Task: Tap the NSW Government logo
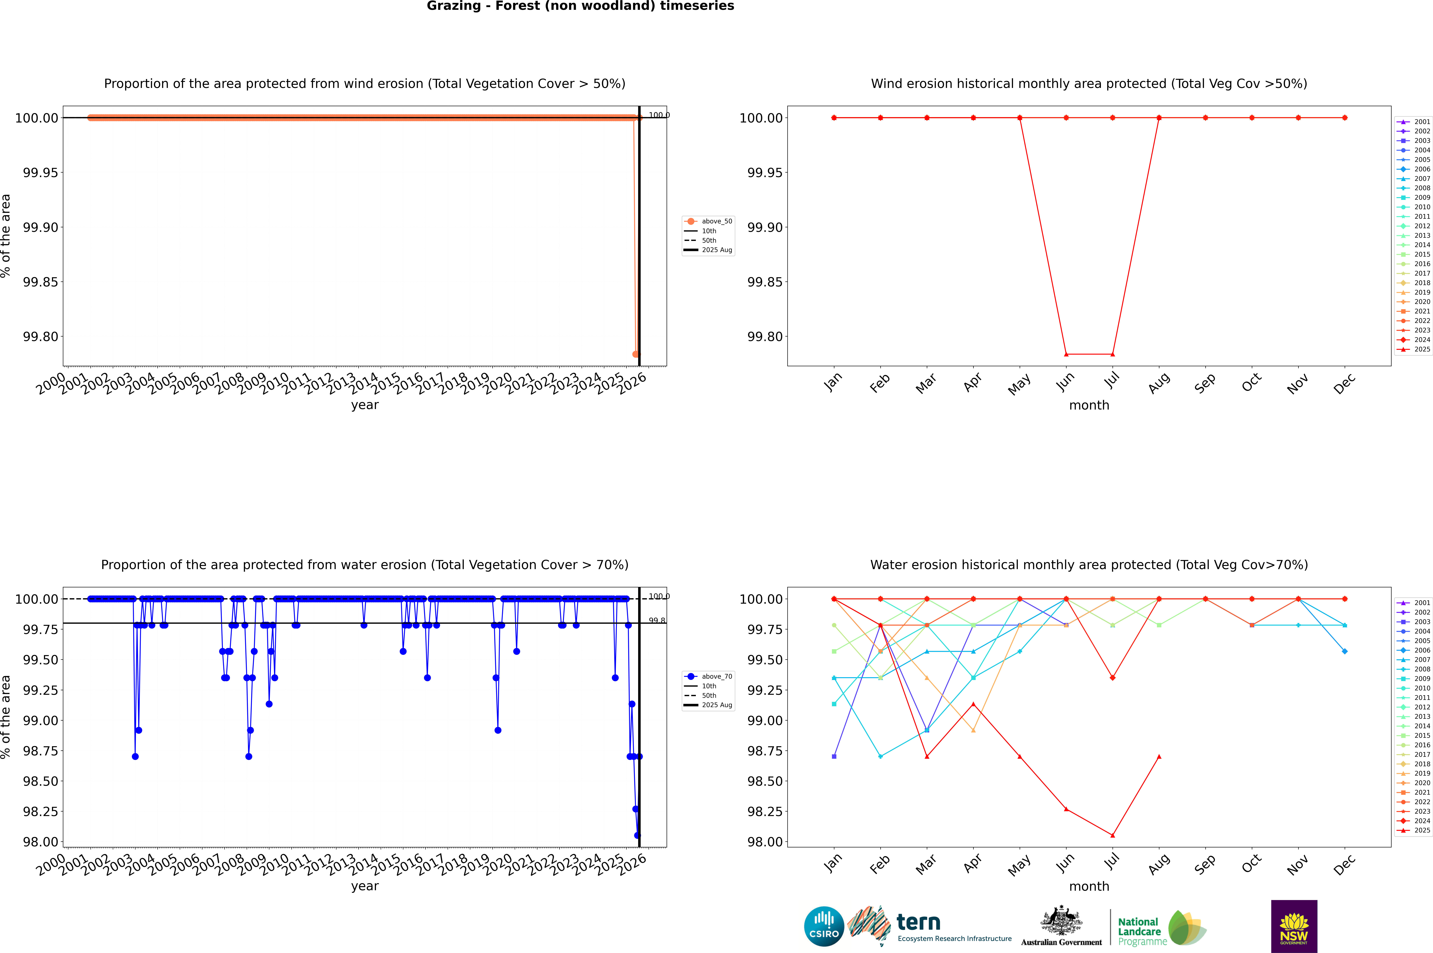click(x=1294, y=926)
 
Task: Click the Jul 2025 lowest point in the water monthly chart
click(x=1112, y=835)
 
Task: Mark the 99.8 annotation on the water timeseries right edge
click(x=657, y=621)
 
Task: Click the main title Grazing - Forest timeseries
click(x=580, y=6)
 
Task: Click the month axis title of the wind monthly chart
click(x=1089, y=405)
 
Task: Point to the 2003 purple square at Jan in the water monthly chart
click(x=834, y=757)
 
